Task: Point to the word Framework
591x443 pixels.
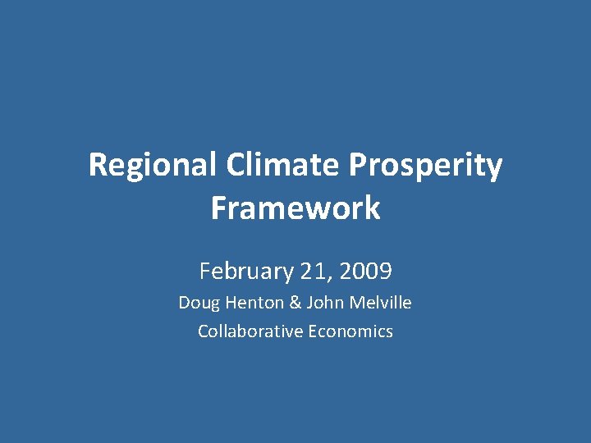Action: [295, 208]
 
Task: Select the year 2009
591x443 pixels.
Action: [364, 270]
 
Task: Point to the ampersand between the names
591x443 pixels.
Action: [295, 303]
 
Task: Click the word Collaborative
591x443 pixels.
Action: [250, 331]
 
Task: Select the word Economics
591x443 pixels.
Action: [350, 331]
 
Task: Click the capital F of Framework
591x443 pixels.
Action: [218, 208]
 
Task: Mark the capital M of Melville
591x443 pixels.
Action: [355, 303]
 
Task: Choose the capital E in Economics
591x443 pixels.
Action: [313, 331]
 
